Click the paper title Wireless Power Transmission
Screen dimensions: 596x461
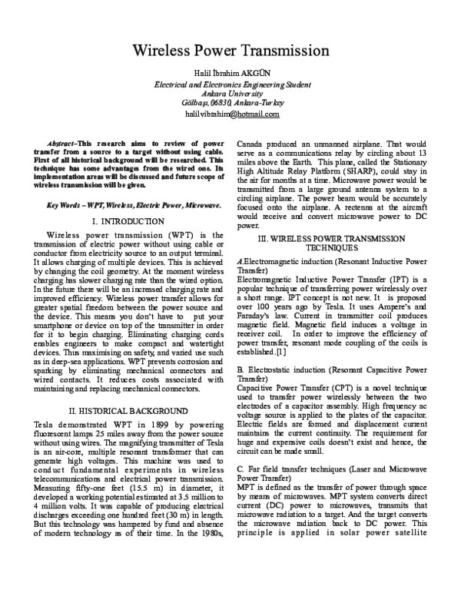tap(231, 52)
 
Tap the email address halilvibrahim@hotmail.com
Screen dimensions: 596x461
tap(231, 114)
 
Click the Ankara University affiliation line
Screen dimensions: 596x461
tap(231, 93)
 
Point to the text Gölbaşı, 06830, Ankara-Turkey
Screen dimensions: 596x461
tap(231, 103)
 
